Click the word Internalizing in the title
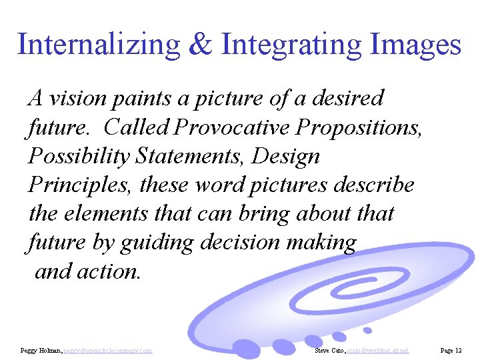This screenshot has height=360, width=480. [98, 45]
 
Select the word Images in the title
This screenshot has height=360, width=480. [414, 45]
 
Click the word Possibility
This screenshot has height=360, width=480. [79, 156]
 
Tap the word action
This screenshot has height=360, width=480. [110, 271]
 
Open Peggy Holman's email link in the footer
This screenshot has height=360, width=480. [108, 350]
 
